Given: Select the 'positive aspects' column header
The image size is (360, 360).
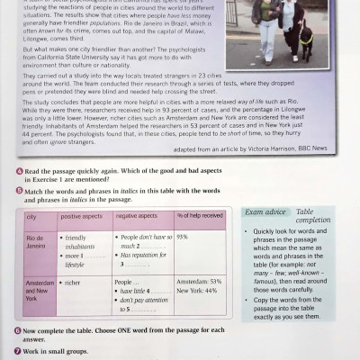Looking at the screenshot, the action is pos(82,217).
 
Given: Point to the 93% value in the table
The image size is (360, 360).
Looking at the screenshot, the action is pos(183,237).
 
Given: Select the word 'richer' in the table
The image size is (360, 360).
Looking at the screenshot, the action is pos(72,282).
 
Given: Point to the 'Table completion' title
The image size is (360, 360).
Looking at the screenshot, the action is pos(312,216).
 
